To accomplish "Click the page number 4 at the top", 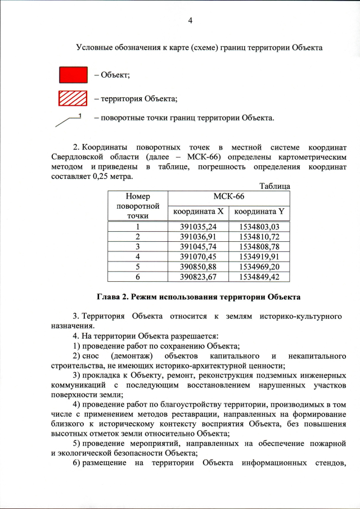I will point(190,21).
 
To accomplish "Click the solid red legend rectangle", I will point(73,74).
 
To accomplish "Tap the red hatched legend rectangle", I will point(73,98).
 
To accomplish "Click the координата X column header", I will point(198,211).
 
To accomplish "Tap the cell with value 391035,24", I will point(198,227).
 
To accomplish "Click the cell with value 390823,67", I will point(198,276).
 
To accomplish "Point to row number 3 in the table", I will point(137,246).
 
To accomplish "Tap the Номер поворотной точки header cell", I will point(137,206).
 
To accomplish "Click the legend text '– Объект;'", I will point(112,75).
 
